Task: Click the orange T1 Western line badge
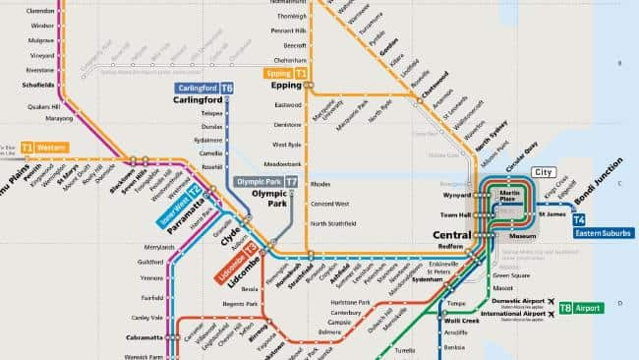pos(27,148)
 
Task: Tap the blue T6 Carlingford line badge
pos(227,88)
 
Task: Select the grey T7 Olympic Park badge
pos(292,182)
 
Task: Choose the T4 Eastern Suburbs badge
pos(579,218)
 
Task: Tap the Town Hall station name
pos(456,214)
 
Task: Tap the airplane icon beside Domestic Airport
pos(552,300)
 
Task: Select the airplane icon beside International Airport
pos(552,315)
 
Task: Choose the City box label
pos(543,172)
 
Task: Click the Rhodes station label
pos(320,184)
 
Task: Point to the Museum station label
pos(523,236)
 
